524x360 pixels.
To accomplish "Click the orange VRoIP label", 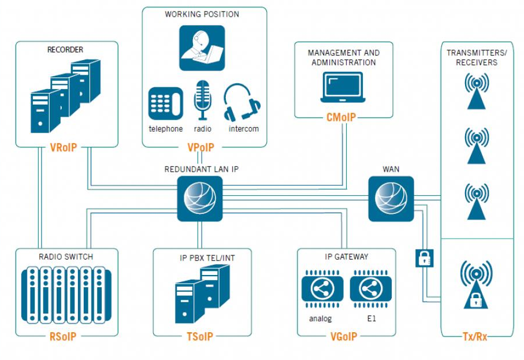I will point(64,149).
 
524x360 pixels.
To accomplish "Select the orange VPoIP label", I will point(200,149).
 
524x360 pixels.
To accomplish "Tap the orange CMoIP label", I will point(341,118).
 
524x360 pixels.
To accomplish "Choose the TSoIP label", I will point(200,336).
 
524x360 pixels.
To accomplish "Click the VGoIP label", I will point(345,336).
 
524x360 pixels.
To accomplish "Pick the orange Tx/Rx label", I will point(475,336).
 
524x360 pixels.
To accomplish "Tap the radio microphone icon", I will point(203,101).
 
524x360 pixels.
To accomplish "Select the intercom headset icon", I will point(241,103).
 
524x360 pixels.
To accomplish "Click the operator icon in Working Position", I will point(202,48).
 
